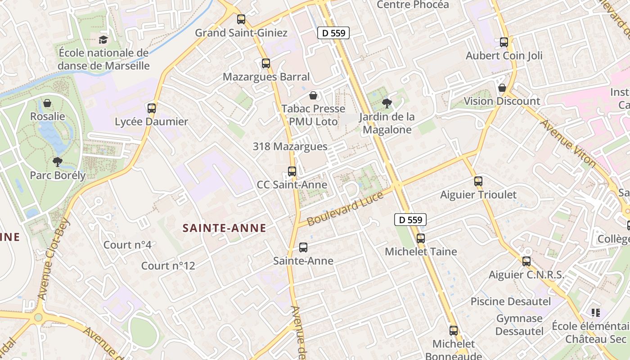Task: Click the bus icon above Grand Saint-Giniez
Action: (241, 19)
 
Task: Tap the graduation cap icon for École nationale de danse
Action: (103, 40)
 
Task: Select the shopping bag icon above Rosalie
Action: (47, 103)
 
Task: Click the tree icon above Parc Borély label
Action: (57, 162)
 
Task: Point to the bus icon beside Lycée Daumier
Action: (152, 108)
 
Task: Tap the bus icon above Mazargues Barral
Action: (266, 63)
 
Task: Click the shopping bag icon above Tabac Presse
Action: (313, 95)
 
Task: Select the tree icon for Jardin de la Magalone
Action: (386, 103)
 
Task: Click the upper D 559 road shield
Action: (333, 32)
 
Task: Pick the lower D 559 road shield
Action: (410, 220)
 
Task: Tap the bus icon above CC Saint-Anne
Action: (292, 171)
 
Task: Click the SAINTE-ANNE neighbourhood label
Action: (224, 228)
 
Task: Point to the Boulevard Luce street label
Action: (346, 208)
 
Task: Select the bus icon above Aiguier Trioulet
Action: (478, 182)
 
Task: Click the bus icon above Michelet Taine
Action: (421, 238)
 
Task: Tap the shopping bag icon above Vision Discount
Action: (502, 88)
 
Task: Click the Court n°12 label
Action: (168, 266)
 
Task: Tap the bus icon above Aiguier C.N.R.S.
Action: (526, 261)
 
